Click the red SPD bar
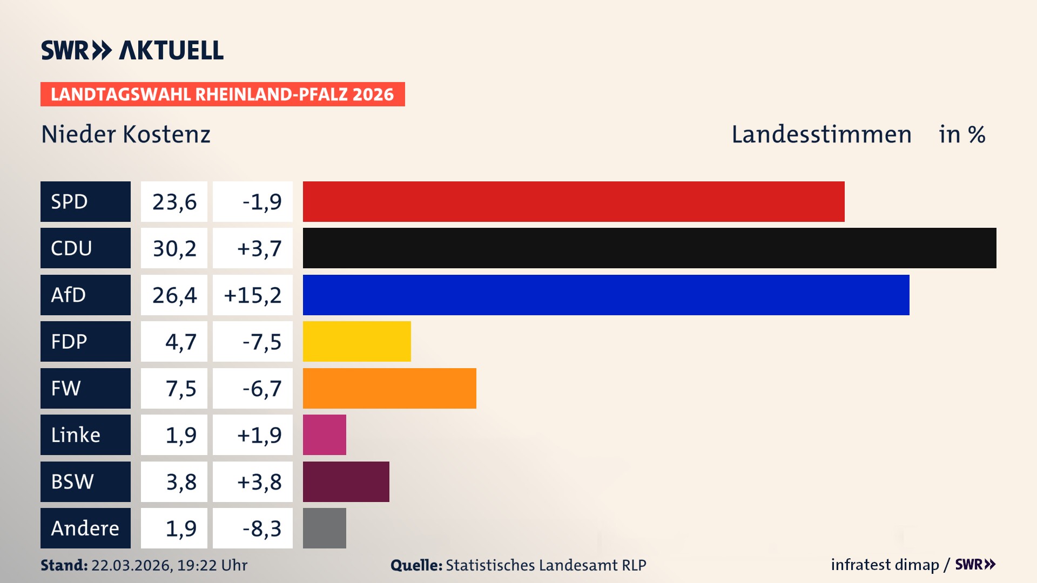(574, 201)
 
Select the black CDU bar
(649, 248)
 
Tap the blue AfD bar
(606, 295)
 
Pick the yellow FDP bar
(356, 341)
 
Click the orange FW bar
(389, 388)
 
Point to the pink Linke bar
(324, 435)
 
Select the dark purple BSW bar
(346, 482)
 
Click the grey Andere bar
(324, 528)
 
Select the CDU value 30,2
(174, 248)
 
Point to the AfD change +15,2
(253, 295)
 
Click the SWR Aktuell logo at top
(132, 50)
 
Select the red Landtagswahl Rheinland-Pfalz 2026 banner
(223, 94)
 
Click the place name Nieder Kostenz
(126, 134)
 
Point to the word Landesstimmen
(821, 134)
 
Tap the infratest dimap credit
(885, 565)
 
